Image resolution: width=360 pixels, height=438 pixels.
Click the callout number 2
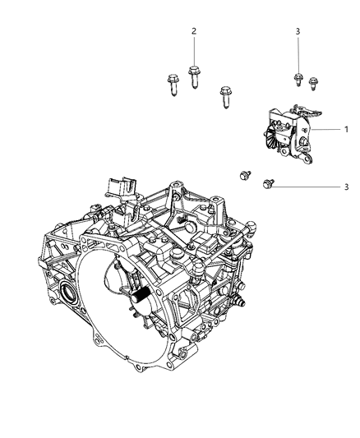coord(194,31)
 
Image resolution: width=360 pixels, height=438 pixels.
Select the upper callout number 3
coord(297,31)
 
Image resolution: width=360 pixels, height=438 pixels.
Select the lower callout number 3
coord(346,187)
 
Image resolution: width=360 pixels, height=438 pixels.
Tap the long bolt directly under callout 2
coord(194,79)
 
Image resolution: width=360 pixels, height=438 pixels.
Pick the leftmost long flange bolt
coord(173,84)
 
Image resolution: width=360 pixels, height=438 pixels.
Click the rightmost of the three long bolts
coord(225,96)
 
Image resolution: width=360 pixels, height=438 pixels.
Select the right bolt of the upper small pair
coord(312,82)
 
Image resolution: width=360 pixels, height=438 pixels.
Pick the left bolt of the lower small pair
coord(244,175)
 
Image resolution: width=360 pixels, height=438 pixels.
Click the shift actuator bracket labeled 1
coord(288,131)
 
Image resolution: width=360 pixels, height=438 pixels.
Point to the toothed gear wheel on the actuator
coord(272,135)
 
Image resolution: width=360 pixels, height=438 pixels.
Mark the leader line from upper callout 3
coord(297,54)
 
